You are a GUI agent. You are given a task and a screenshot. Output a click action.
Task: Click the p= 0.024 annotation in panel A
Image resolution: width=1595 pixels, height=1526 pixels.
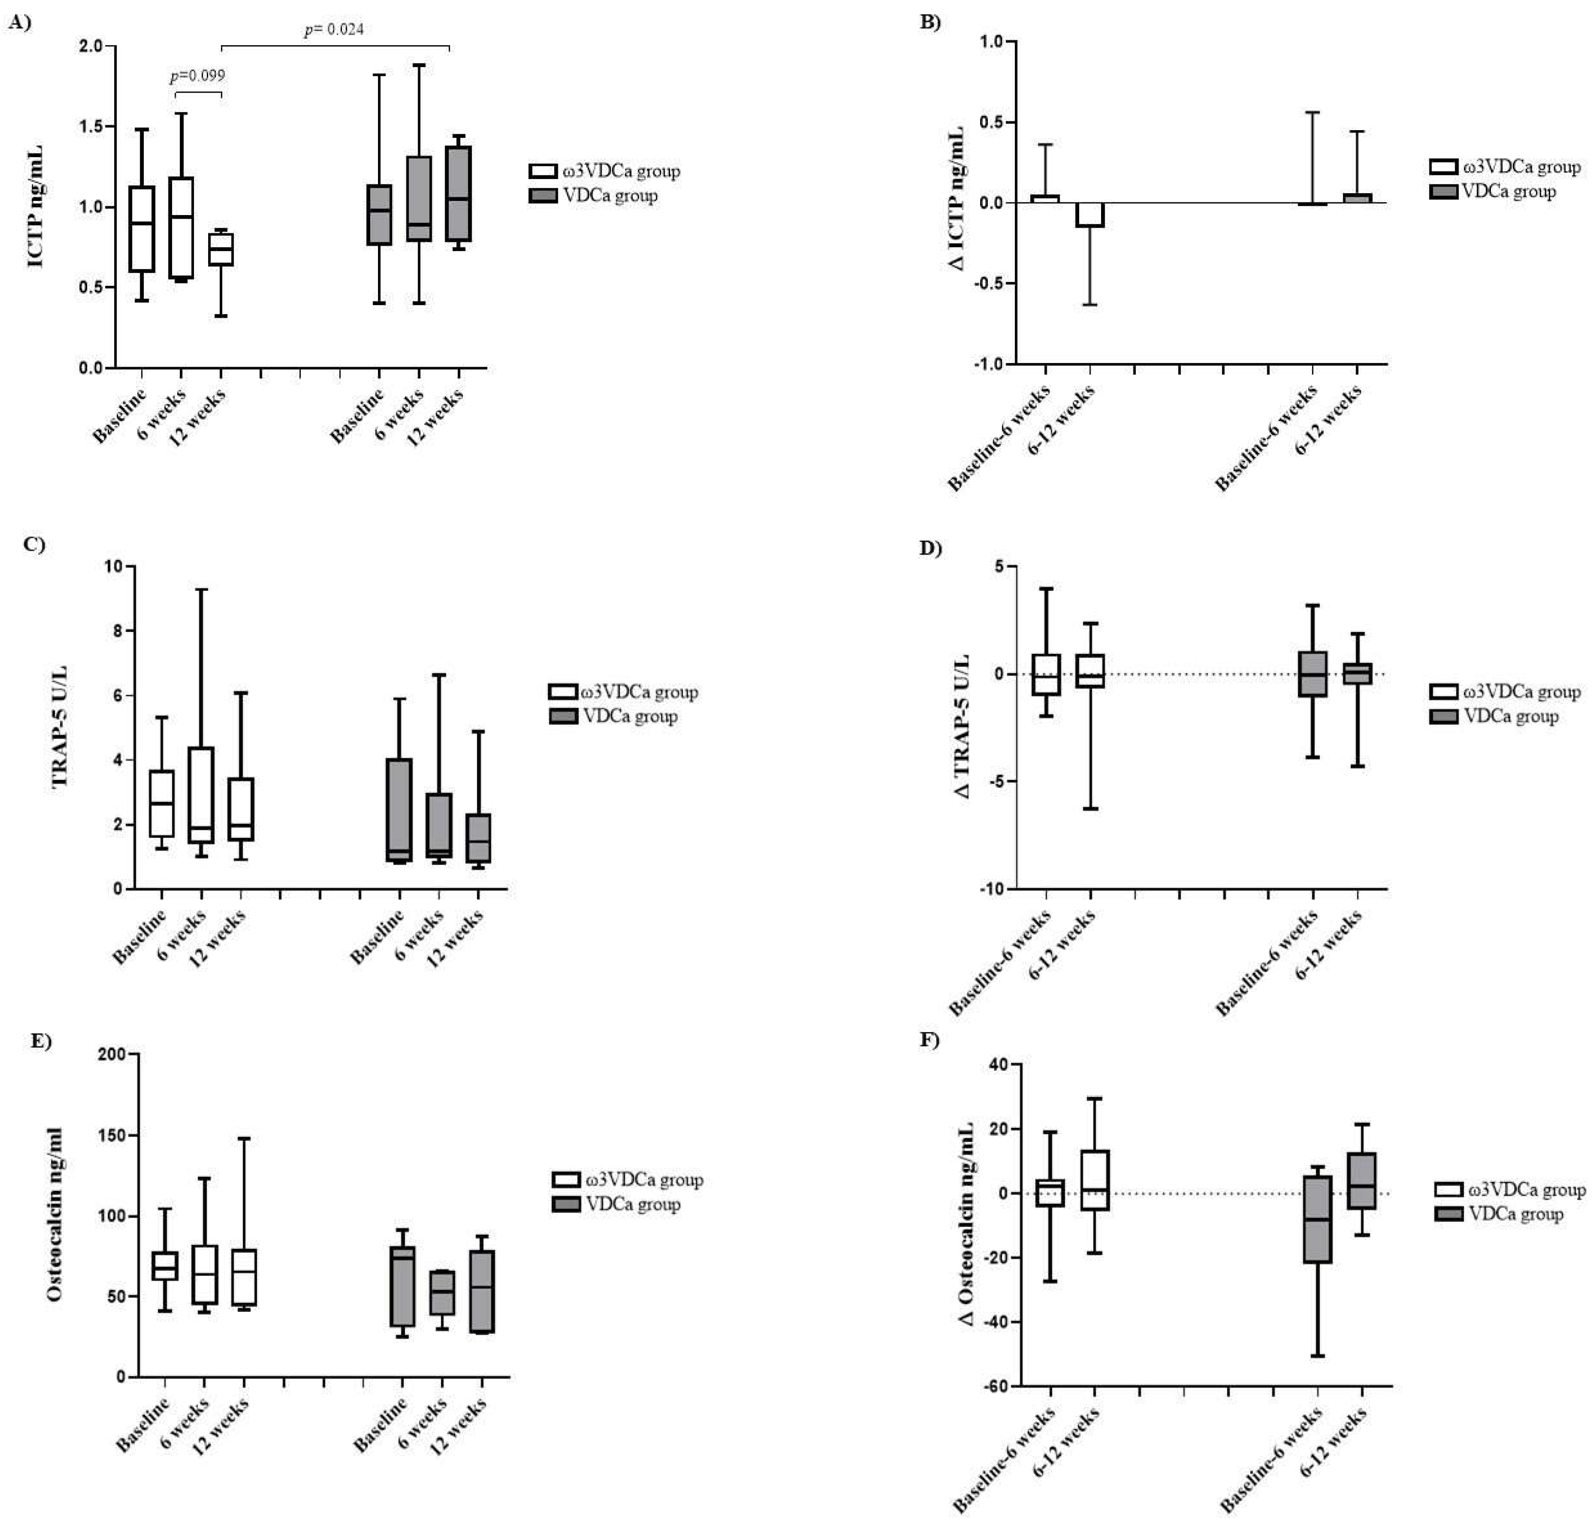point(334,30)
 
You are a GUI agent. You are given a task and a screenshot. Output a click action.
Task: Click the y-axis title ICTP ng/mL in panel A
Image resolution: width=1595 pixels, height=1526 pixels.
point(36,206)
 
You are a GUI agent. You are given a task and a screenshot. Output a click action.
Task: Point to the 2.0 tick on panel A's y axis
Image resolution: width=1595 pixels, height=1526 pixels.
point(91,47)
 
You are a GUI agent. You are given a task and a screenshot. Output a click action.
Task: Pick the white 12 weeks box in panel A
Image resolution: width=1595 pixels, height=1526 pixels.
point(220,250)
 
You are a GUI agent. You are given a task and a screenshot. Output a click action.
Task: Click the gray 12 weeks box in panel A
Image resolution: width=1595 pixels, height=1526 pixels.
point(459,194)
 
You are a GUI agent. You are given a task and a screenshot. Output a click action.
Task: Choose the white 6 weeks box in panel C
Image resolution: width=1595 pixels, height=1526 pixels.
point(201,795)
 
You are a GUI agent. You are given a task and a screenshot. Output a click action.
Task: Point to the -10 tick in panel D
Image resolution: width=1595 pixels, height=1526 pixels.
point(992,889)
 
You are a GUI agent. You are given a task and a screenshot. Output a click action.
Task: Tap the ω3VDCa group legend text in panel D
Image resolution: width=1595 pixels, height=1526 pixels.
point(1521,692)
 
